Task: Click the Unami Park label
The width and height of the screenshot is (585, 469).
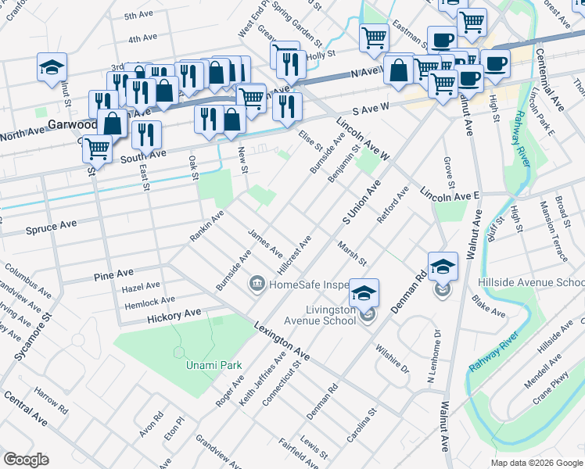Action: (214, 365)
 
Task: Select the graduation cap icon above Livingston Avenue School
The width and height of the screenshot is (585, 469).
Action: (364, 293)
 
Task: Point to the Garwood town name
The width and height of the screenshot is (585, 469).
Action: (70, 124)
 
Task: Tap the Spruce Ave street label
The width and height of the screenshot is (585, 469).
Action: (51, 224)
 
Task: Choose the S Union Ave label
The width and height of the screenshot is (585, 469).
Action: (361, 202)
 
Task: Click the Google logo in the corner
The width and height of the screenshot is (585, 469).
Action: (25, 460)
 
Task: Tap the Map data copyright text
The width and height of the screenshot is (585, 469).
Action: (537, 463)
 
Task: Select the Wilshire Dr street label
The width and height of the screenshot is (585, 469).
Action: (392, 356)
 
